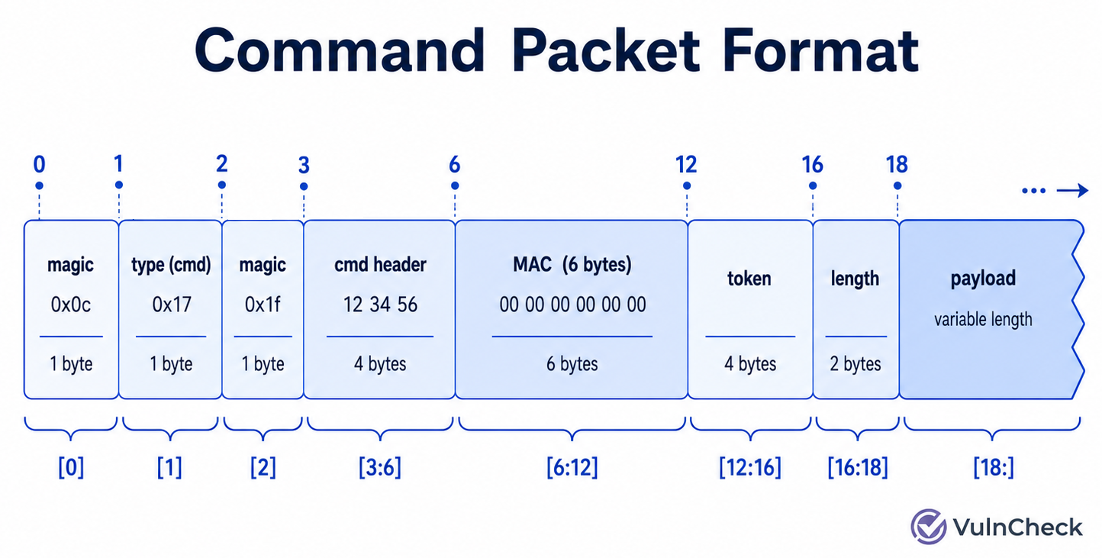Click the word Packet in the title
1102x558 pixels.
point(606,50)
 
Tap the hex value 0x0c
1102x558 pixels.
point(71,305)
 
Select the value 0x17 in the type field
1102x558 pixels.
point(171,305)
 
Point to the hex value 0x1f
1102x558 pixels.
point(263,305)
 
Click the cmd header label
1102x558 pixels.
point(380,265)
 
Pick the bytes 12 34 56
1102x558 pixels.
point(380,305)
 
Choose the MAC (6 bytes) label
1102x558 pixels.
point(572,265)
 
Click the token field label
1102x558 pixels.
point(749,279)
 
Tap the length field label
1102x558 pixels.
point(855,279)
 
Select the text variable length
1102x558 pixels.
point(984,319)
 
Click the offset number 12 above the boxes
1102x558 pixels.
point(686,164)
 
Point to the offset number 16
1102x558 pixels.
point(812,164)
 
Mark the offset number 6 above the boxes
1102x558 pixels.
point(455,164)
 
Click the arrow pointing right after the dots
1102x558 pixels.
point(1072,190)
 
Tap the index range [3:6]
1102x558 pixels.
point(380,467)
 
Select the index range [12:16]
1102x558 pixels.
point(750,467)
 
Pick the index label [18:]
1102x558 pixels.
point(994,467)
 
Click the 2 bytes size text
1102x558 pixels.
point(855,364)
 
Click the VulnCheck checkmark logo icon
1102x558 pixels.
point(928,527)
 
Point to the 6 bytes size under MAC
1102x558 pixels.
point(572,364)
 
